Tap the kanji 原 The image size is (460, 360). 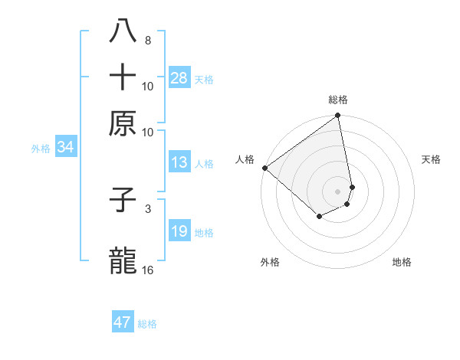123,123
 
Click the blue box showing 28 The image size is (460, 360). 179,78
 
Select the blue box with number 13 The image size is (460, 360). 179,162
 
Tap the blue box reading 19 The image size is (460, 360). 179,231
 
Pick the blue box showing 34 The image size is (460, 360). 65,148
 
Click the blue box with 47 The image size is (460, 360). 123,322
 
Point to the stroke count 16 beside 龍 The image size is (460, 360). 147,270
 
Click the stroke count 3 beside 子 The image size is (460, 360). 147,208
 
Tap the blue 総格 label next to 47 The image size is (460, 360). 147,324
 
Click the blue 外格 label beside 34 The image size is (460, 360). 41,149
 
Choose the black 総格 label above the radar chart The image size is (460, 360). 337,100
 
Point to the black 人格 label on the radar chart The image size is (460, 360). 245,159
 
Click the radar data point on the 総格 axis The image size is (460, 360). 337,116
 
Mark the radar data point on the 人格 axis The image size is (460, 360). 264,168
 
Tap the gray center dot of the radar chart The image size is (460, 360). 337,191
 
